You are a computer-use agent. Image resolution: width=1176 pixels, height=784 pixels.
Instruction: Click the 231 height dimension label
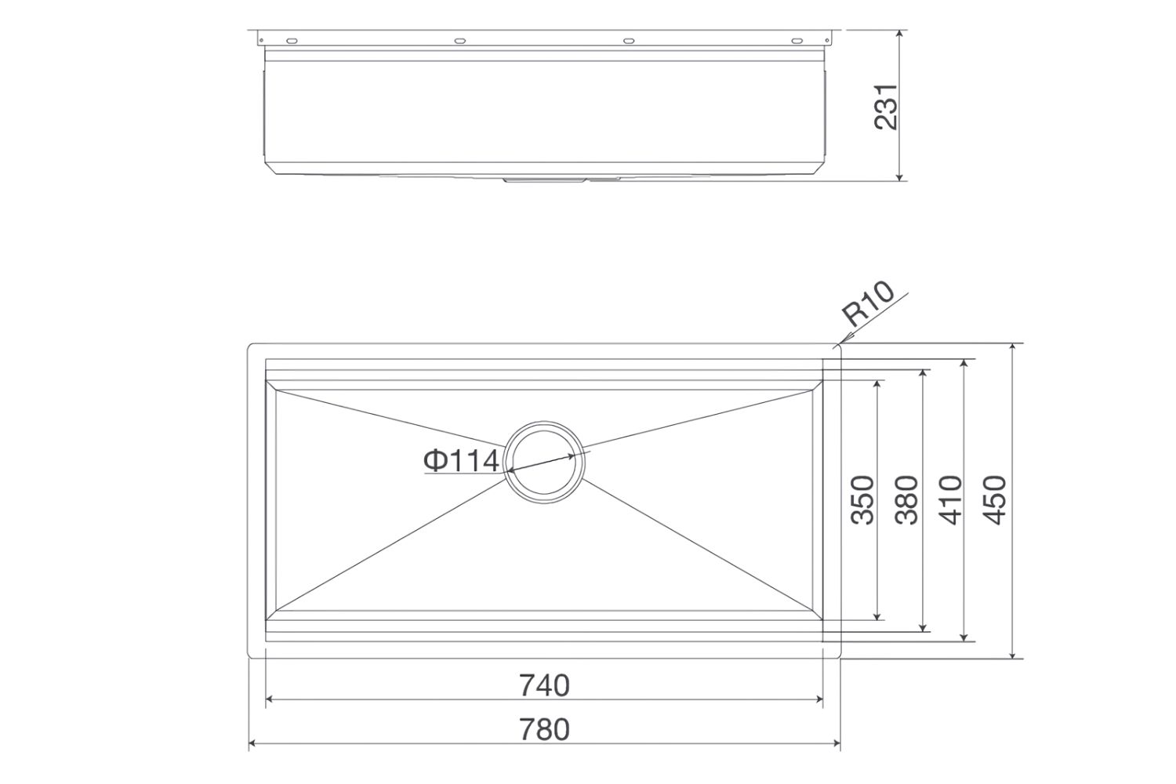pos(886,107)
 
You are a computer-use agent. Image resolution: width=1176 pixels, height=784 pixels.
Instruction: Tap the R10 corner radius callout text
pos(868,303)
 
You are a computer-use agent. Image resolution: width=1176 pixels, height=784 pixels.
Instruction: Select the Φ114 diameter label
pos(461,461)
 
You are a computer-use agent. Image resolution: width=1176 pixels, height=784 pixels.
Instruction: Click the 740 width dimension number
pos(543,685)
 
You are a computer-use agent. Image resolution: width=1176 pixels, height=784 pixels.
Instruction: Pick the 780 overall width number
pos(543,729)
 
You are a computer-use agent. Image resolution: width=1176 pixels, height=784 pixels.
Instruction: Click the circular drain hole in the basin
pos(545,462)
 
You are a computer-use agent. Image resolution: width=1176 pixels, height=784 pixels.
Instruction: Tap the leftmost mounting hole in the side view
pos(291,40)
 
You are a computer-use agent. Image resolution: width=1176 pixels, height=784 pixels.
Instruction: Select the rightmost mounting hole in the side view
pos(796,40)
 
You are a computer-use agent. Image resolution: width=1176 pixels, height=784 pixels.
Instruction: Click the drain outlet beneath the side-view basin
pos(543,180)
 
